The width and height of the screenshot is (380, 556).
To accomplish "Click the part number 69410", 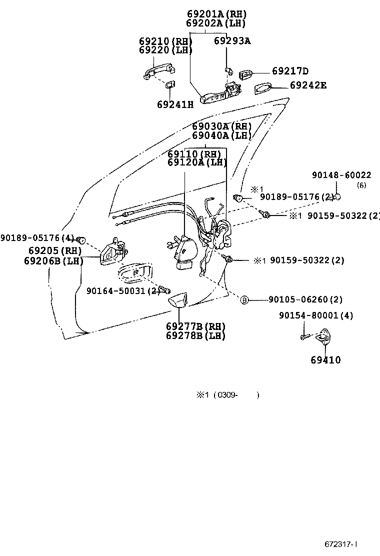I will pyautogui.click(x=325, y=360).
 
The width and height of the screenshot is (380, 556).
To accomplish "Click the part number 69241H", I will pyautogui.click(x=174, y=104).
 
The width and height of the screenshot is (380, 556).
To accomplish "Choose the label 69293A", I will pyautogui.click(x=232, y=41).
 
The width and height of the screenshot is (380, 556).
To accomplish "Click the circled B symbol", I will pyautogui.click(x=244, y=300).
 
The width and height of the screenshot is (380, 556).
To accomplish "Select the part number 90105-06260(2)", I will pyautogui.click(x=305, y=300).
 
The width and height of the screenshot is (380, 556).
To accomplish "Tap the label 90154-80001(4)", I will pyautogui.click(x=316, y=315).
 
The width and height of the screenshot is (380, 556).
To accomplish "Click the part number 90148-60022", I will pyautogui.click(x=341, y=175).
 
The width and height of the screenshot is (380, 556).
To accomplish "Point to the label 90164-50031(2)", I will pyautogui.click(x=122, y=290).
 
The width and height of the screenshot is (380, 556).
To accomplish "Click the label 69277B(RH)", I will pyautogui.click(x=195, y=326).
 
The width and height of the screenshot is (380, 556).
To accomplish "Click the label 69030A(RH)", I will pyautogui.click(x=221, y=126).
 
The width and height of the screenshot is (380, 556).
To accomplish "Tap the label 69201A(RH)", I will pyautogui.click(x=216, y=14).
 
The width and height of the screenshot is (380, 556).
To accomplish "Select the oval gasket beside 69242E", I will pyautogui.click(x=264, y=88).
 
